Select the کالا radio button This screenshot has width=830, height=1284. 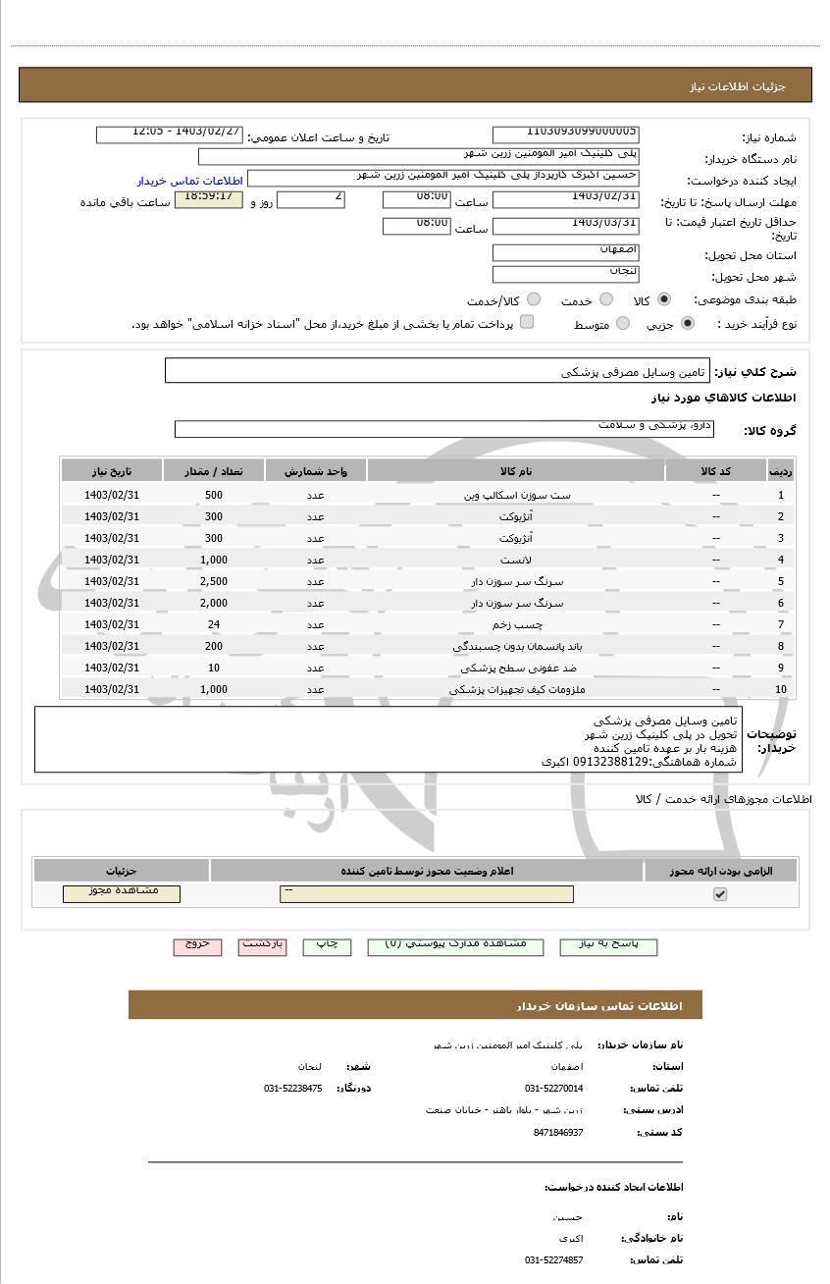[665, 299]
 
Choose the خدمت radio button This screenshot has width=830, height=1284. [606, 299]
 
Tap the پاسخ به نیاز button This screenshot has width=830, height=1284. [608, 945]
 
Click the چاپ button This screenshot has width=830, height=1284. [327, 945]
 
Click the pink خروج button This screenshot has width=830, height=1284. [197, 945]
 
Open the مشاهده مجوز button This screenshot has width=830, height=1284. [122, 893]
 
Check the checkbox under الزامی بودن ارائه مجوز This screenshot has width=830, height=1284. [720, 894]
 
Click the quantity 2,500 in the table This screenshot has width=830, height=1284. [213, 581]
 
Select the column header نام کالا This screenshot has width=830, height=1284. [515, 471]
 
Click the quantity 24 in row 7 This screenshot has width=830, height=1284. [213, 624]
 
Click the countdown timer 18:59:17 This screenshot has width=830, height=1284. [207, 199]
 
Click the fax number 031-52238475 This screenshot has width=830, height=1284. [292, 1088]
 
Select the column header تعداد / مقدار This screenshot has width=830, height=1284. [214, 471]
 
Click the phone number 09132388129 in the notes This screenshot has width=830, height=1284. [616, 761]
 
